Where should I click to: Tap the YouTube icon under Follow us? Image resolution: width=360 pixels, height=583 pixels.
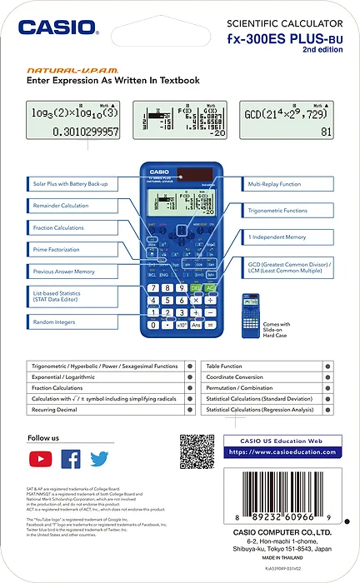(40, 459)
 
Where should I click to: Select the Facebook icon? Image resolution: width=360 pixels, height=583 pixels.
(71, 459)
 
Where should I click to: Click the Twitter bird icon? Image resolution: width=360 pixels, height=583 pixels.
(100, 459)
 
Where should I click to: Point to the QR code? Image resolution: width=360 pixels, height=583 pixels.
(197, 451)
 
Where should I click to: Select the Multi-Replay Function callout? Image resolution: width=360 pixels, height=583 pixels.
(287, 183)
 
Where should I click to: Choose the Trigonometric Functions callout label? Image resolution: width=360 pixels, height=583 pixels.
(287, 211)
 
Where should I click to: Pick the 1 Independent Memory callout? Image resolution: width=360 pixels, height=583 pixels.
(287, 237)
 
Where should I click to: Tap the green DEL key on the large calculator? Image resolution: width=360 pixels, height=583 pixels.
(197, 287)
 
